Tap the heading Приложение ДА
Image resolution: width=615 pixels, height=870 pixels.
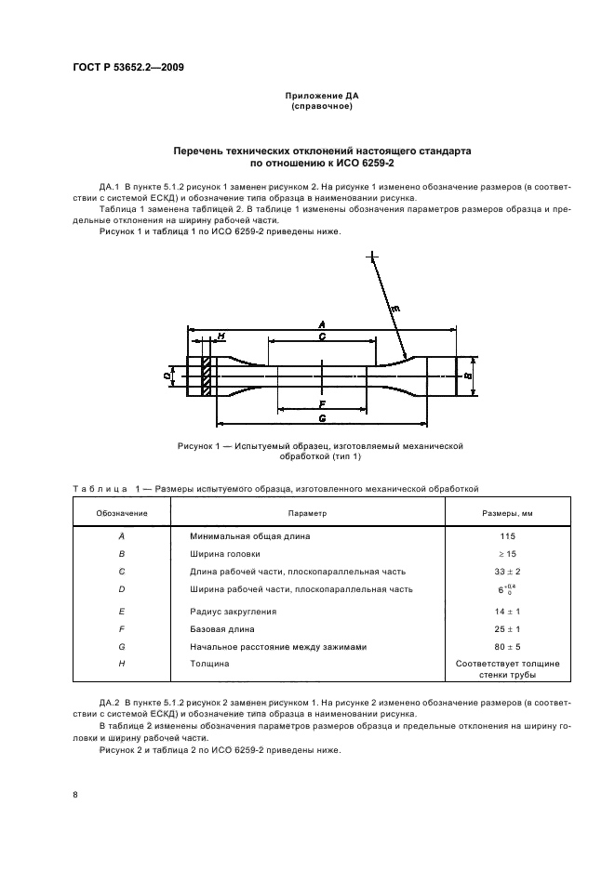[x=321, y=96]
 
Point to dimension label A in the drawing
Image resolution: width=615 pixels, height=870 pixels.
[x=321, y=323]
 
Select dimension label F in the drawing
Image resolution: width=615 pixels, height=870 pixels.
[x=321, y=404]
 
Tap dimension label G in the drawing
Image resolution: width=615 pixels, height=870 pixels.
[x=321, y=419]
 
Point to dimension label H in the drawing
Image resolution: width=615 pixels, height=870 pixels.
[x=221, y=336]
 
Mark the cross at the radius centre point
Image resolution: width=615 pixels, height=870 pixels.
[x=372, y=256]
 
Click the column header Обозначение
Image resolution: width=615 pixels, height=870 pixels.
[x=120, y=512]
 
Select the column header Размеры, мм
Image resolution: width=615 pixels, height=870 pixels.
[x=506, y=512]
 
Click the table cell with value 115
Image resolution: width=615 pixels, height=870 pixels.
[x=506, y=536]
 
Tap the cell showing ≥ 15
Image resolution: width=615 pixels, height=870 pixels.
[x=506, y=554]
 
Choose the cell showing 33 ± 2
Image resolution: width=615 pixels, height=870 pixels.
[x=506, y=572]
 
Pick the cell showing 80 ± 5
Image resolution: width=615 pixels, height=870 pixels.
[x=506, y=646]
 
